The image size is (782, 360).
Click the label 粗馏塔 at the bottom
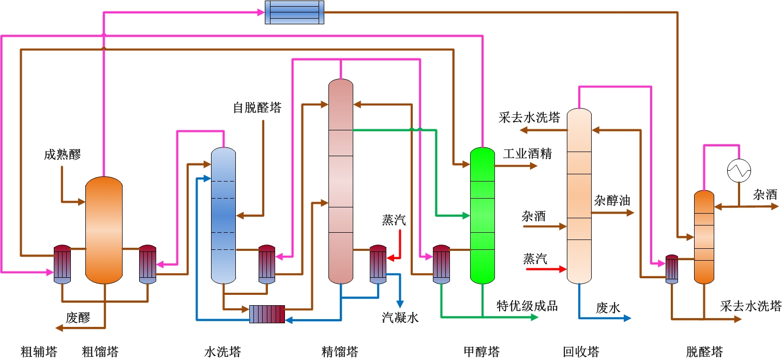(x=100, y=352)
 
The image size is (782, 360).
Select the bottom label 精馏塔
(x=340, y=352)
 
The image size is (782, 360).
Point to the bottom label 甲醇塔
(x=482, y=352)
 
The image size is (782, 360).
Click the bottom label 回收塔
(x=581, y=352)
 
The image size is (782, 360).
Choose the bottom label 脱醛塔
(x=704, y=352)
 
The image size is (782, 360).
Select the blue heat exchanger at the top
(x=294, y=12)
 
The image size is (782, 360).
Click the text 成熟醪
(x=62, y=154)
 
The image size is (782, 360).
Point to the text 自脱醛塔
(x=257, y=108)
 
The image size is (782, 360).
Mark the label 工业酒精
(x=528, y=154)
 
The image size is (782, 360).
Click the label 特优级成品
(x=527, y=305)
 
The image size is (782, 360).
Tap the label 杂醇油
(x=612, y=201)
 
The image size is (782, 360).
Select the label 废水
(x=608, y=308)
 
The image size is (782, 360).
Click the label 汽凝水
(x=400, y=318)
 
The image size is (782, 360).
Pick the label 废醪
(x=78, y=318)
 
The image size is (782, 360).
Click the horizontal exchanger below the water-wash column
(x=267, y=314)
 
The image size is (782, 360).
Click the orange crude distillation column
(x=104, y=230)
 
